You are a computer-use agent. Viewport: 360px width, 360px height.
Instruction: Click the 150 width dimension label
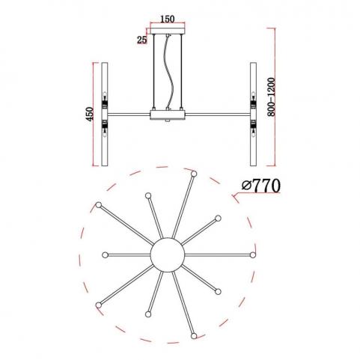(x=167, y=19)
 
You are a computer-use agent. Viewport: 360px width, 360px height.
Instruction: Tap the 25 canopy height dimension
(x=141, y=40)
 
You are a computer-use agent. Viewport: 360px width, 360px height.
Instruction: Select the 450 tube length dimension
(x=89, y=114)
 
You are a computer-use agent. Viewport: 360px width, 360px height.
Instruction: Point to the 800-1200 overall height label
(x=271, y=97)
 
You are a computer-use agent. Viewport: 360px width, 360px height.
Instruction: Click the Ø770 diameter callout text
(x=261, y=186)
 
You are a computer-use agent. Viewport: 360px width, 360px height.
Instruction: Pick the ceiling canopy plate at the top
(x=168, y=31)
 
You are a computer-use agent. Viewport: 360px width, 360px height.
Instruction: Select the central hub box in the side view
(x=168, y=115)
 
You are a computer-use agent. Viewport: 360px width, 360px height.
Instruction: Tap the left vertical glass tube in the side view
(x=105, y=114)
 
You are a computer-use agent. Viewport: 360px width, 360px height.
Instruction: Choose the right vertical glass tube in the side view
(x=253, y=114)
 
